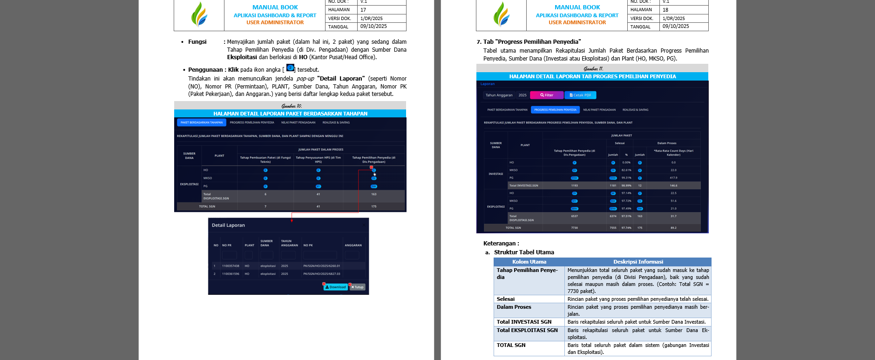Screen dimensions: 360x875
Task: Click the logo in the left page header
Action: point(199,14)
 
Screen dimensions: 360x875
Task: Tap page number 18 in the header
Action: point(665,10)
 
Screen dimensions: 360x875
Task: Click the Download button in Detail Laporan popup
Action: point(336,287)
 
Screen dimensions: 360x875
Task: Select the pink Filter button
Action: point(547,95)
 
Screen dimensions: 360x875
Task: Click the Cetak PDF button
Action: point(580,95)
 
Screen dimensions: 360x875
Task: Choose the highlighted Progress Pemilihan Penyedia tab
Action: point(555,110)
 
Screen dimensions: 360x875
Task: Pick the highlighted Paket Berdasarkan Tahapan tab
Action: point(201,122)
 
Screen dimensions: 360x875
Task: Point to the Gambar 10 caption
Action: point(292,106)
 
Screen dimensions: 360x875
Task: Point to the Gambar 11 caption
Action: point(593,68)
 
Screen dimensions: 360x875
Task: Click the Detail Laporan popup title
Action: point(228,225)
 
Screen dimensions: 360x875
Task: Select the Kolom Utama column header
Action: point(529,262)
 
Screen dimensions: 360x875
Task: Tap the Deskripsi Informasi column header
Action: point(638,262)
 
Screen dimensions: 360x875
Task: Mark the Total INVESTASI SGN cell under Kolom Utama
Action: point(524,322)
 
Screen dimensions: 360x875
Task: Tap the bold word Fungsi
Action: point(197,42)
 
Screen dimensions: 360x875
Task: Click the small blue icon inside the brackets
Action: point(290,68)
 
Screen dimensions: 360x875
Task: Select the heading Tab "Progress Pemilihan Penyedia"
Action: point(532,42)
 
